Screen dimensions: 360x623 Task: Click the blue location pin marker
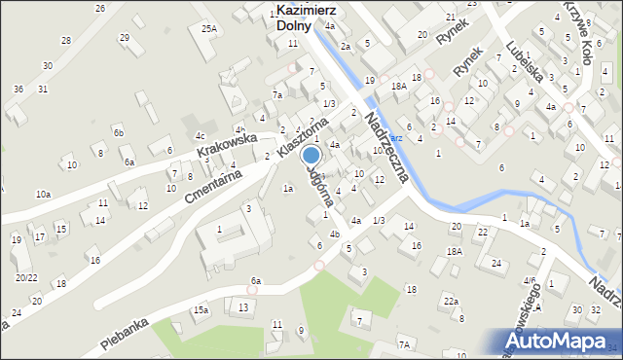[311, 156]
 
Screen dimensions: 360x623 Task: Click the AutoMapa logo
[558, 339]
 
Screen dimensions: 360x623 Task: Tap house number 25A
[209, 29]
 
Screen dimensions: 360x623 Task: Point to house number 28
[66, 40]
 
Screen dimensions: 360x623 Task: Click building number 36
[18, 89]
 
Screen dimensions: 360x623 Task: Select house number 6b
[118, 132]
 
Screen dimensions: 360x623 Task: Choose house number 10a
[43, 195]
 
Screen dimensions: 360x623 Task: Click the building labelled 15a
[200, 309]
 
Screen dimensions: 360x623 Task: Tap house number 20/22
[25, 277]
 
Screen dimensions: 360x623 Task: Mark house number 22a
[451, 302]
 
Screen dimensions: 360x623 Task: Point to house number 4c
[200, 135]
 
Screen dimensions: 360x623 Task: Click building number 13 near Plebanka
[243, 307]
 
